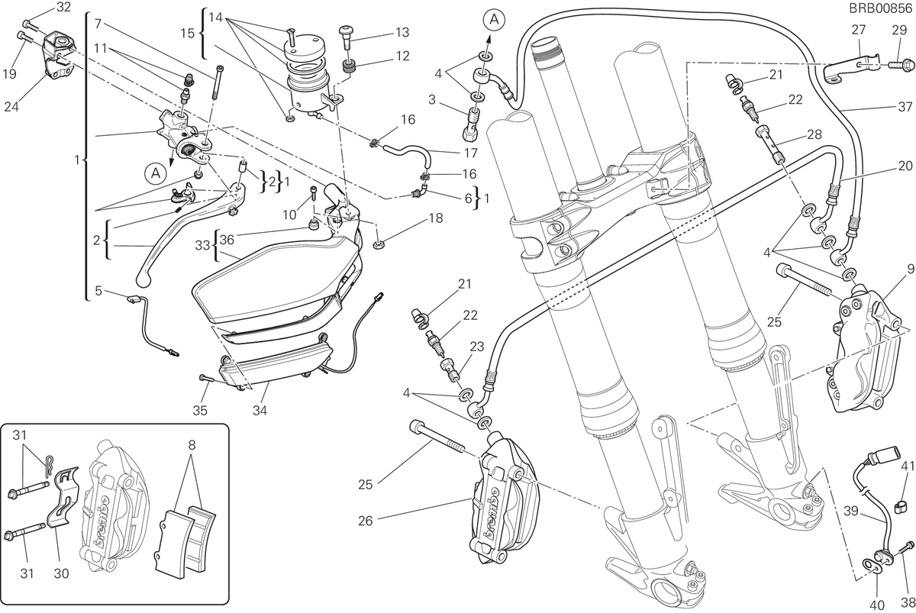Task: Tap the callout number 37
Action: pos(905,106)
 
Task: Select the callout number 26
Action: pos(365,521)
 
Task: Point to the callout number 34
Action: pos(260,410)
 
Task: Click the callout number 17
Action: pos(471,153)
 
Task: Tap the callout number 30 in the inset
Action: pos(61,573)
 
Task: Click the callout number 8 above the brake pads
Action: pos(192,444)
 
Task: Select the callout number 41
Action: pos(908,466)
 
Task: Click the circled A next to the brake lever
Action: pos(156,173)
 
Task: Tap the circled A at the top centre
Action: pos(495,19)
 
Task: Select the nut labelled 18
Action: pos(379,245)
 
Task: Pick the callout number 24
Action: pos(11,107)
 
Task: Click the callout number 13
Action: pos(402,32)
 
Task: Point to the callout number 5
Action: pos(98,291)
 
